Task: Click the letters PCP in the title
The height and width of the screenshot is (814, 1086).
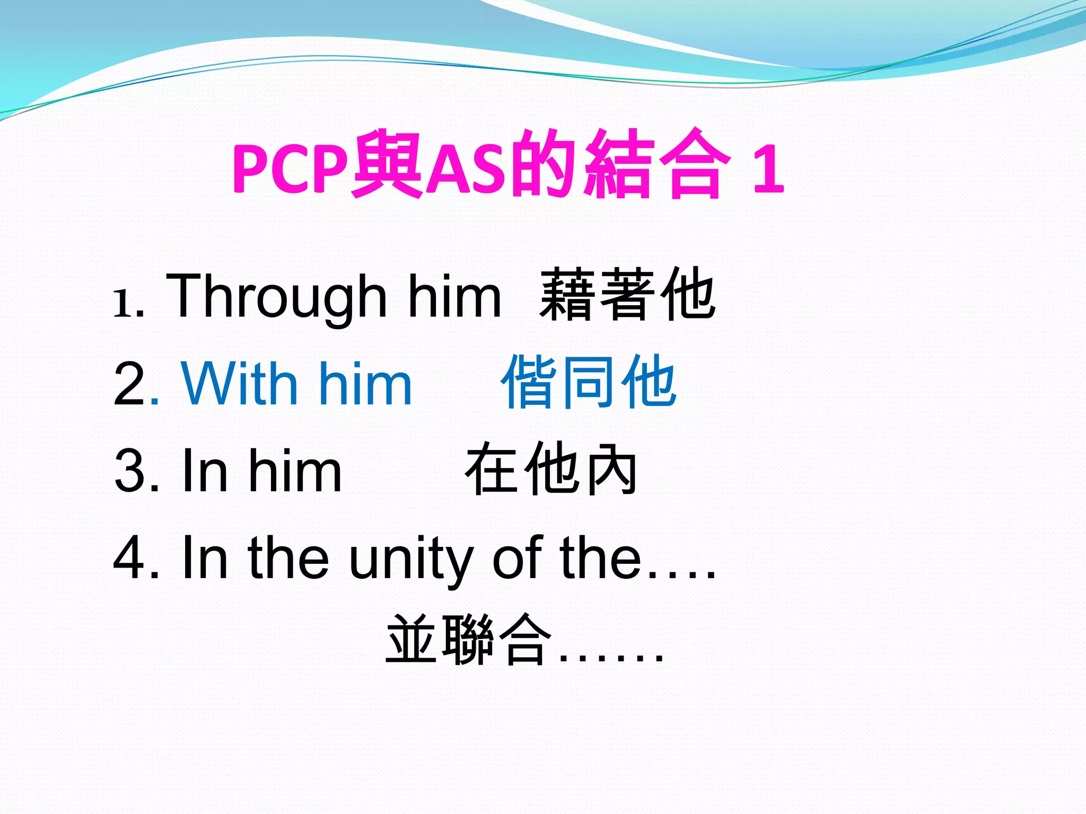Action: pos(291,169)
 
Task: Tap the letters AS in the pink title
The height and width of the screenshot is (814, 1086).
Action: pos(466,169)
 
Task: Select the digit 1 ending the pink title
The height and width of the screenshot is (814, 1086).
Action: pos(768,169)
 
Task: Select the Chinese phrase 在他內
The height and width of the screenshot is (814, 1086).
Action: pos(551,469)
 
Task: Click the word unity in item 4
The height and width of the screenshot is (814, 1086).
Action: pos(411,558)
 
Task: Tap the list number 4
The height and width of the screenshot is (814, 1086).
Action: pos(129,558)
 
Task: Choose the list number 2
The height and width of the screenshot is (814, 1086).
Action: pos(129,384)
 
